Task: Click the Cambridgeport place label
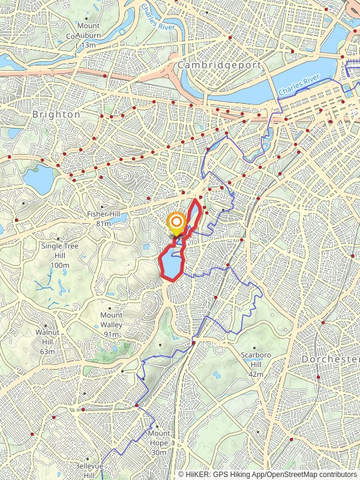click(x=219, y=65)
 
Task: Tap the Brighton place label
click(x=56, y=114)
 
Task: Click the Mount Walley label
click(x=112, y=316)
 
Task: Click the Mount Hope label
click(x=159, y=433)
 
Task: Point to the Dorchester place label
click(x=330, y=359)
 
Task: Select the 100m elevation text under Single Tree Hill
click(x=60, y=265)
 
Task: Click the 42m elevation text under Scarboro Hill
click(x=256, y=374)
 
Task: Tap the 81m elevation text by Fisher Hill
click(x=104, y=224)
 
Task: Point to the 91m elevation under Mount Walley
click(x=112, y=334)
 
